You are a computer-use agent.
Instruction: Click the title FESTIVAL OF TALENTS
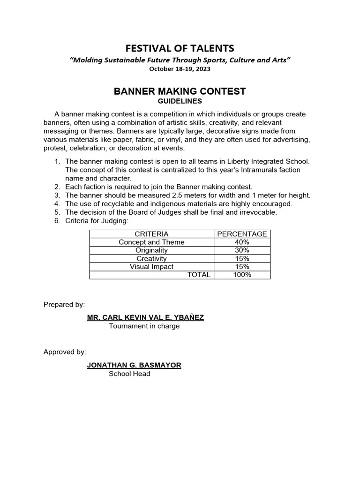point(180,48)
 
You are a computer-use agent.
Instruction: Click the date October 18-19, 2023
point(180,69)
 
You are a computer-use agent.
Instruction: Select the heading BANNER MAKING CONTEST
point(180,91)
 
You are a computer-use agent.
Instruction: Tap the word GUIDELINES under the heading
point(180,101)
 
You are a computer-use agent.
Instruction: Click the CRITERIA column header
point(151,234)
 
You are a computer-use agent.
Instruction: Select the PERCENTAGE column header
point(242,234)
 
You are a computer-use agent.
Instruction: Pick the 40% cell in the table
point(242,242)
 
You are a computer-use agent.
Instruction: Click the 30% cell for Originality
point(242,250)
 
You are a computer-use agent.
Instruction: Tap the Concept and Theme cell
point(151,242)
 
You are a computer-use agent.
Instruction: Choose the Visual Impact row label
point(151,267)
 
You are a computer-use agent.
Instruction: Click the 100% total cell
point(242,275)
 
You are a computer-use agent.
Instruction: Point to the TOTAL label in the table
point(199,275)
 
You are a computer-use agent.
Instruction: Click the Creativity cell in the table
point(151,259)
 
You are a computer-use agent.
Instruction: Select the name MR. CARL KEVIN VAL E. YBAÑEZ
point(145,317)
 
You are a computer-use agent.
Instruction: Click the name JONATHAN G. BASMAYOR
point(134,365)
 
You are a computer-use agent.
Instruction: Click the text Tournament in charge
point(144,326)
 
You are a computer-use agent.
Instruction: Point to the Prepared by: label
point(64,304)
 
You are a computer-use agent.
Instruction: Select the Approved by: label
point(65,352)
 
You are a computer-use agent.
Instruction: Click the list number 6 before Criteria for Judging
point(57,221)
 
